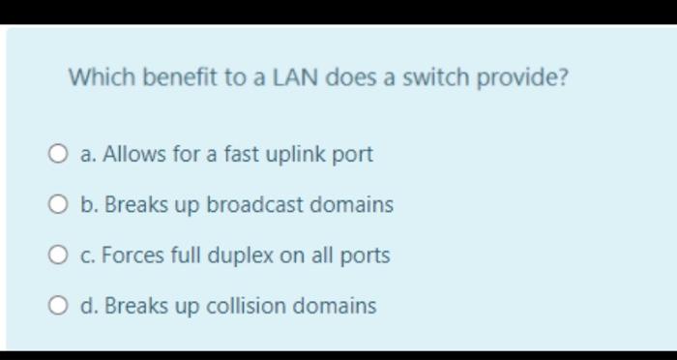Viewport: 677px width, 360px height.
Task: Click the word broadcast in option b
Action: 254,205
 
